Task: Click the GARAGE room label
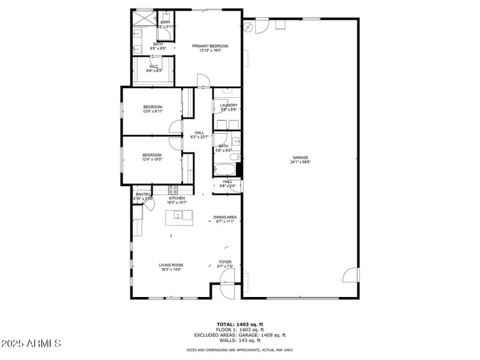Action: pos(301,157)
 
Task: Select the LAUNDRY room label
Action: pos(229,106)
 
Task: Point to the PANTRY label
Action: pos(143,194)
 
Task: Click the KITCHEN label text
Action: pos(176,198)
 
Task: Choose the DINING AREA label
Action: pos(225,217)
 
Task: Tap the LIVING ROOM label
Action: pos(171,265)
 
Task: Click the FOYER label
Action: pos(225,262)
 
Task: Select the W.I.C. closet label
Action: pos(154,67)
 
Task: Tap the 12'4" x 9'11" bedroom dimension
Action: pos(153,111)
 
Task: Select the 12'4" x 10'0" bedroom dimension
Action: pos(153,160)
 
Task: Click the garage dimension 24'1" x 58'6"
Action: pos(301,161)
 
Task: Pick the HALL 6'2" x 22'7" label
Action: pos(199,135)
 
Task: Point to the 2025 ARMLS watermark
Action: pos(31,344)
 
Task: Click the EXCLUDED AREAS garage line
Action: pos(240,335)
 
